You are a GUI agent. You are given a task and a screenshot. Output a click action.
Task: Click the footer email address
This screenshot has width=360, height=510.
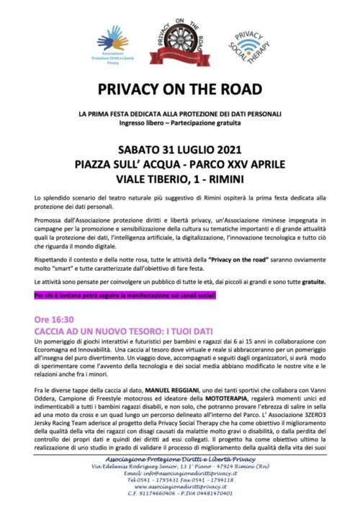[x=179, y=473]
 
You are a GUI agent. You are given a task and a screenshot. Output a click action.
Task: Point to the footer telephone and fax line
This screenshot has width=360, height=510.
[x=179, y=479]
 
